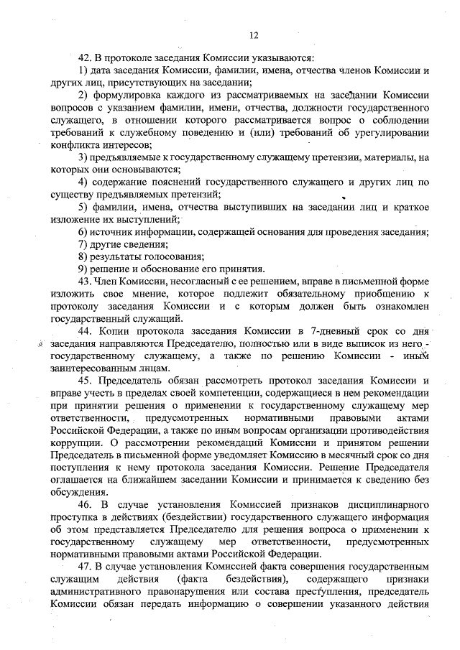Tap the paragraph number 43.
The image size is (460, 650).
(86, 281)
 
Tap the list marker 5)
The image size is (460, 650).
(83, 207)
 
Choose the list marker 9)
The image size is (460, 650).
(83, 269)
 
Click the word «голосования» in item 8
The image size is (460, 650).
(172, 256)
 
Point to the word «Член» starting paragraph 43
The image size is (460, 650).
(110, 281)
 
